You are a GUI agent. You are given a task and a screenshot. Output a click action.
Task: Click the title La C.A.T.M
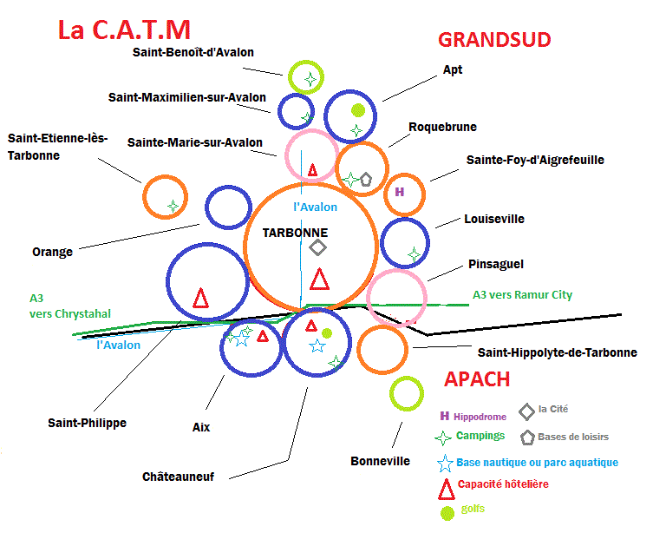coord(124,30)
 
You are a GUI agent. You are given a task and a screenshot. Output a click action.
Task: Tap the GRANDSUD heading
coord(494,40)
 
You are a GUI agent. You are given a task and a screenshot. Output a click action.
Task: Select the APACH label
coord(477,379)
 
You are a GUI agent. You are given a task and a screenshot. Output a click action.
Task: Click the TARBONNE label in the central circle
coord(295,233)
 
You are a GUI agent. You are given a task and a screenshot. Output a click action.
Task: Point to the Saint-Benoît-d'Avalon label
coord(193,52)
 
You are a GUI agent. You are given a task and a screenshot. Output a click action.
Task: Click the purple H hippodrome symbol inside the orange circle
coord(400,191)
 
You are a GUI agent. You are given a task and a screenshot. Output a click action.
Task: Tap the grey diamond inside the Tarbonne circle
coord(318,247)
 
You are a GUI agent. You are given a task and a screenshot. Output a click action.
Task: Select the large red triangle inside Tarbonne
coord(319,280)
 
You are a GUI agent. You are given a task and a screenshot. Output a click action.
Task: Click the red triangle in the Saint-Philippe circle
coord(200,298)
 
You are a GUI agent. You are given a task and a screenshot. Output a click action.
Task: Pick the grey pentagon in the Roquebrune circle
coord(365,178)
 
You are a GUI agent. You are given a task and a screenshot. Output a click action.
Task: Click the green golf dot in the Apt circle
coord(357,109)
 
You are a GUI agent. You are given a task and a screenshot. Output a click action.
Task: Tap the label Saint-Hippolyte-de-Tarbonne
coord(558,352)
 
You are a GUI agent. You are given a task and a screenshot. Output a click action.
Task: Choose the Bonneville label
coord(380,461)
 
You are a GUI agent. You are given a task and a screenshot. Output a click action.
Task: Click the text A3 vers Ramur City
coord(522,295)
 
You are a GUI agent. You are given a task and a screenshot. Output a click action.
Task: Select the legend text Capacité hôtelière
coord(502,484)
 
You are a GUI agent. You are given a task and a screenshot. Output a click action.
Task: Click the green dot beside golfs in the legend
coord(447,513)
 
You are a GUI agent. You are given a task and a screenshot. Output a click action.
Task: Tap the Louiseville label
coord(494,220)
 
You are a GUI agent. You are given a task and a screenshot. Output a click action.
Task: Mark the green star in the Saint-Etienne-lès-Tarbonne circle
coord(173,207)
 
